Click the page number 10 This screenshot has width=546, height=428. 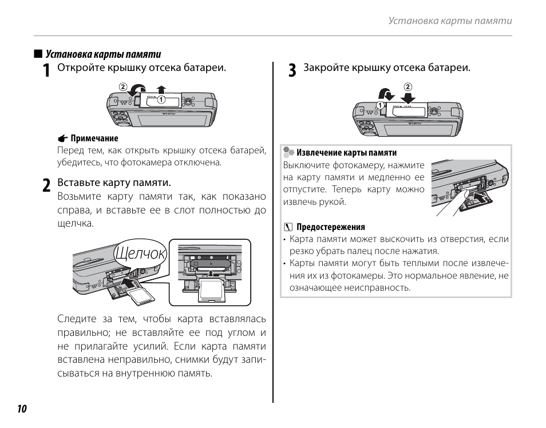[22, 409]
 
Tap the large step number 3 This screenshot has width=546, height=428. [292, 70]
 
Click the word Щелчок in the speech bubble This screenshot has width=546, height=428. [140, 253]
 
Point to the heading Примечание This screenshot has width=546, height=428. [94, 138]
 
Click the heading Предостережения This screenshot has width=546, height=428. [330, 227]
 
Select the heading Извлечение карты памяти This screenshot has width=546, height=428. [346, 153]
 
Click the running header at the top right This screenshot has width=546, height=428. [450, 21]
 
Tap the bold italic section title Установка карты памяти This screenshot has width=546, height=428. [103, 54]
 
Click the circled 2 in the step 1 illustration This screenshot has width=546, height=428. [122, 87]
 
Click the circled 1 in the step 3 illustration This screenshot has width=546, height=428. [379, 105]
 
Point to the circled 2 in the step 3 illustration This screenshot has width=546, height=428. [407, 87]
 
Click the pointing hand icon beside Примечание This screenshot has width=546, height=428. [62, 138]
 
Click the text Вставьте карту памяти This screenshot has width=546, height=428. [114, 183]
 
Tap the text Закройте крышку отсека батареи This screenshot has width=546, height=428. [387, 68]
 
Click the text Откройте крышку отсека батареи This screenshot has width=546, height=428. [141, 68]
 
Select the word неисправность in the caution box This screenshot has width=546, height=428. [378, 287]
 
